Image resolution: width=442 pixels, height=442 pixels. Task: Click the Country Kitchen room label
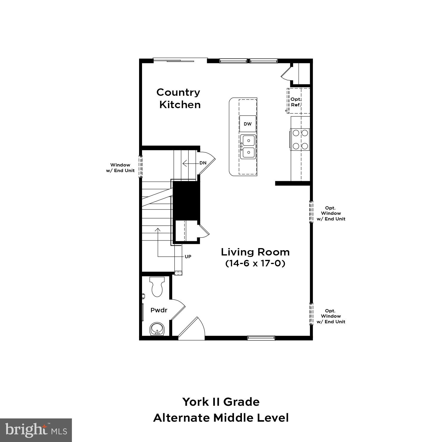pos(179,98)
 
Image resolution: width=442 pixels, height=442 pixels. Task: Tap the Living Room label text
pos(255,252)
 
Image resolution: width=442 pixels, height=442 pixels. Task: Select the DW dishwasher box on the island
pos(248,124)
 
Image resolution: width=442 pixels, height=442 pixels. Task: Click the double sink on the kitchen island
pos(248,147)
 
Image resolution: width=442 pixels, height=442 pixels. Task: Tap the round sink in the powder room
pos(156,329)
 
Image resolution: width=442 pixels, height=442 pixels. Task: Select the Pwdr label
pos(159,310)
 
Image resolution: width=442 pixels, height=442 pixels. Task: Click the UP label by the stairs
pos(188,256)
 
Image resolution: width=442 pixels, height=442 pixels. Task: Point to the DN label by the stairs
pos(203,163)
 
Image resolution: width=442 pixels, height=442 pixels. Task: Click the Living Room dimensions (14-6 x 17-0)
pos(255,263)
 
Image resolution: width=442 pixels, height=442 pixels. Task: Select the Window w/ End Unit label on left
pos(120,168)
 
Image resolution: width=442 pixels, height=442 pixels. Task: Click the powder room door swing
pos(178,309)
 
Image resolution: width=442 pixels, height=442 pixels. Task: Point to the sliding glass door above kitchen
pos(180,60)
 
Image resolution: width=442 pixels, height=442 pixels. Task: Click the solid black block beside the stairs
pos(186,200)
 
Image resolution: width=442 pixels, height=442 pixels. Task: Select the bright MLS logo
pos(36,430)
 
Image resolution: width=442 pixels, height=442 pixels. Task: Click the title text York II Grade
pos(221,402)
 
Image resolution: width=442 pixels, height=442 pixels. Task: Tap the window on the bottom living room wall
pos(261,338)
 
